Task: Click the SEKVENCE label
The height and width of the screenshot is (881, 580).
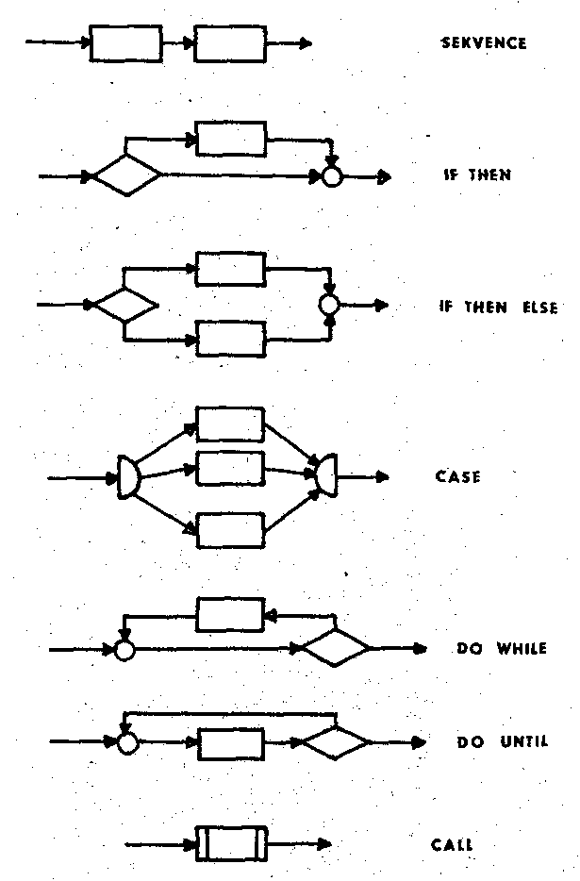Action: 484,43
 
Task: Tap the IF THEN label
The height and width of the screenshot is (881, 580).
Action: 477,175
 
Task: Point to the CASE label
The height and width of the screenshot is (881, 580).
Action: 458,477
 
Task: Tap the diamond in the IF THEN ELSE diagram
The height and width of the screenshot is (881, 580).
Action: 125,306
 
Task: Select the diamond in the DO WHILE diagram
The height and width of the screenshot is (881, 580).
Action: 336,649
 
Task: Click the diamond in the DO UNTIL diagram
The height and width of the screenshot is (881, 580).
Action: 336,742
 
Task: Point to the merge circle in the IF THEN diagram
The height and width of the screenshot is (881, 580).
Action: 331,175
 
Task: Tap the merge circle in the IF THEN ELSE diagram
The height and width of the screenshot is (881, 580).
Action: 328,305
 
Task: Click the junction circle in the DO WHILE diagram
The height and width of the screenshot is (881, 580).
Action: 124,649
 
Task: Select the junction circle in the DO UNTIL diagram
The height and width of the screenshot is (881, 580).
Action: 127,742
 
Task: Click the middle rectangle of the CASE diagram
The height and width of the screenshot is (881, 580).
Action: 230,468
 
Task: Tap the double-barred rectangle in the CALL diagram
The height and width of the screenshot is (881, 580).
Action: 231,843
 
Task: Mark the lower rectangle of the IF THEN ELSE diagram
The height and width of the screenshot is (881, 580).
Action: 230,338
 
